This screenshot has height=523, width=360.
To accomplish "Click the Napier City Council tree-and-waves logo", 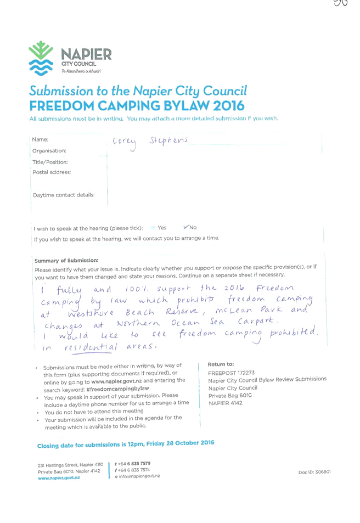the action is [x=41, y=58].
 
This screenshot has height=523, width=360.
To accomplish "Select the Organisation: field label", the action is [x=49, y=151].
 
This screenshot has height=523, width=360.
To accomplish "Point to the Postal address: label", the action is [x=52, y=172].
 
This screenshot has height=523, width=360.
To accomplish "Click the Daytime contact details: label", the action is [x=64, y=195].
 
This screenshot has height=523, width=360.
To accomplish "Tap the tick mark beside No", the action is [x=186, y=227].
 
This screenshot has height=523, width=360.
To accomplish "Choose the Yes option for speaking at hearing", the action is [x=162, y=228].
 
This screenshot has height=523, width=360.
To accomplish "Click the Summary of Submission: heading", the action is [x=66, y=260].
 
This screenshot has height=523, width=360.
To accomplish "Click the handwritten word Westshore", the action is [x=91, y=313].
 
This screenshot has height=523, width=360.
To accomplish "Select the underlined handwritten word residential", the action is [x=91, y=347].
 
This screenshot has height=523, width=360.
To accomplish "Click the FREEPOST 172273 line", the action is [x=231, y=373].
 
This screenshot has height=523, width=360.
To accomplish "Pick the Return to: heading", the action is [x=221, y=364].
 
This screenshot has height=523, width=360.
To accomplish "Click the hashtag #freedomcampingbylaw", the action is [x=118, y=389].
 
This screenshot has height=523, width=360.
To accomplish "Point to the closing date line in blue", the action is [x=126, y=445].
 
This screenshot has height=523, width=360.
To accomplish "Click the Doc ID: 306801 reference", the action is [x=314, y=472].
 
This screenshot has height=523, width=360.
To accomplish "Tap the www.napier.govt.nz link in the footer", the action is [x=59, y=478].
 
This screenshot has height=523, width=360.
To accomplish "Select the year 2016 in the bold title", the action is [x=229, y=106].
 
